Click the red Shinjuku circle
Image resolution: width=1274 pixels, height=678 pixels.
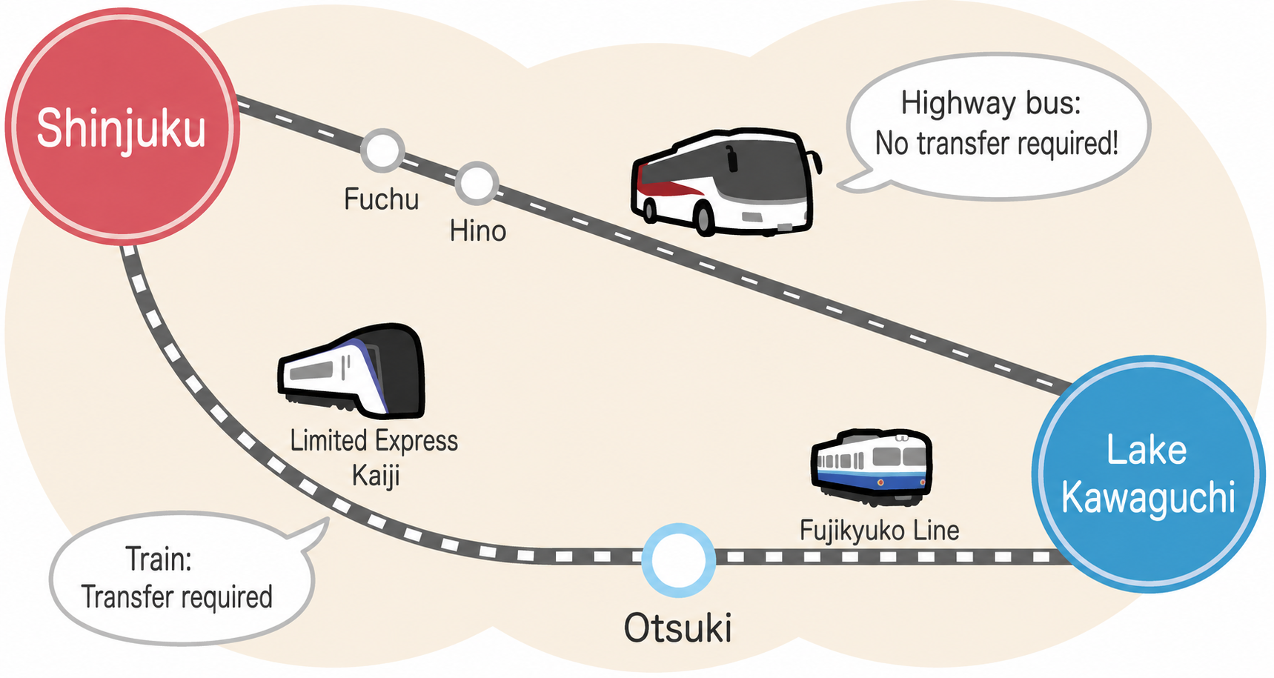122,127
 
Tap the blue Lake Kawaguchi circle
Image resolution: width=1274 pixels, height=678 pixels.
1148,474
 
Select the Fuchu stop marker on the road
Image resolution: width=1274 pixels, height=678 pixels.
382,150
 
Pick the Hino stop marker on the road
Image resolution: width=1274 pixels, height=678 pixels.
477,183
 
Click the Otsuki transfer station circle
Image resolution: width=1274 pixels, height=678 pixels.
679,560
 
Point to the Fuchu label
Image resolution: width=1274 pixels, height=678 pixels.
382,199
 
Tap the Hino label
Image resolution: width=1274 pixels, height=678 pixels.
478,231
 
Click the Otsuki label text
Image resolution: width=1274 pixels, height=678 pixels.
678,628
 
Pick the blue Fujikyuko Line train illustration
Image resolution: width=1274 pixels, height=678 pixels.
872,467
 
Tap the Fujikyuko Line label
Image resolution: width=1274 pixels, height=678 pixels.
880,531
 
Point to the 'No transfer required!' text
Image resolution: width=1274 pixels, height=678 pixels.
997,143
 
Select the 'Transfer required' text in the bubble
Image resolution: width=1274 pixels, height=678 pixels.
177,597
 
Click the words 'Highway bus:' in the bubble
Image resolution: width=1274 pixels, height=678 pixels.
991,103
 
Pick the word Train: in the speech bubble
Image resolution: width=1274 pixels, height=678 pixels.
159,559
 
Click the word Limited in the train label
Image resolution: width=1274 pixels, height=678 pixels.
328,441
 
